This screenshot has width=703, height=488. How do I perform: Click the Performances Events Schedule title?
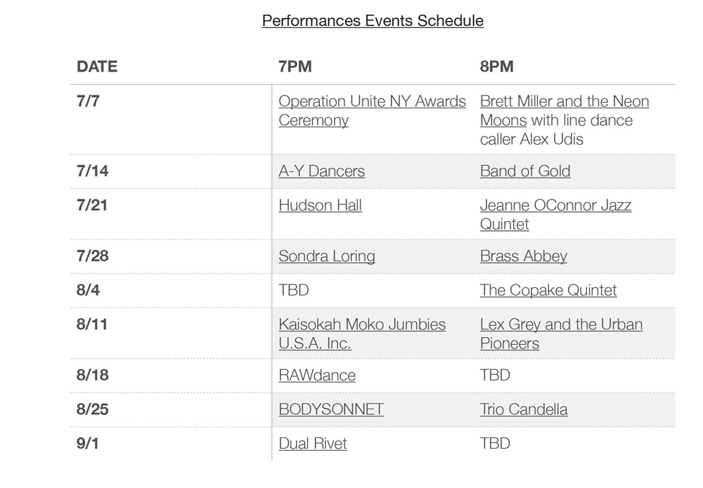click(x=373, y=21)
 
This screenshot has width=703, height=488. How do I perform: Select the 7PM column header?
click(x=295, y=66)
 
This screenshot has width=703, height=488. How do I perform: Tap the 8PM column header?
click(x=497, y=66)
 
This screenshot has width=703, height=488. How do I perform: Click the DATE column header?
click(x=97, y=66)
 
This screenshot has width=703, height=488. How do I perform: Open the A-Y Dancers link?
click(x=321, y=171)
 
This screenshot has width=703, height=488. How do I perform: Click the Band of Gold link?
click(x=525, y=171)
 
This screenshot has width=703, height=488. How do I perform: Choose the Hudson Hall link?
click(x=320, y=205)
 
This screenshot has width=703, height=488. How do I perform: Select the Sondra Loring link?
click(x=326, y=256)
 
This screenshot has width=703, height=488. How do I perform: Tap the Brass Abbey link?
click(x=523, y=256)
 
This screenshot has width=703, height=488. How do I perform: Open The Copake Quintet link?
click(x=548, y=290)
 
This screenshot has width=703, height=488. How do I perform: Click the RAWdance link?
click(x=317, y=375)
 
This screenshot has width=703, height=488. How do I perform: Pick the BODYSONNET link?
click(x=331, y=409)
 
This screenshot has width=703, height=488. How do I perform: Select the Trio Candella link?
click(x=524, y=409)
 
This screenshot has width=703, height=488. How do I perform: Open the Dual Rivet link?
click(x=313, y=443)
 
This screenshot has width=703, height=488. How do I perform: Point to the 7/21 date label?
click(x=92, y=205)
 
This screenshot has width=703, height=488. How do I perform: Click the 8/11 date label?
click(x=92, y=324)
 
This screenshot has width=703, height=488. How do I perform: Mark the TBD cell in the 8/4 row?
click(x=294, y=290)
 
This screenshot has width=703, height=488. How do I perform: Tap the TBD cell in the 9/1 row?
click(x=495, y=443)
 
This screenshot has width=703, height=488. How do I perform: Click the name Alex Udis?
click(x=551, y=139)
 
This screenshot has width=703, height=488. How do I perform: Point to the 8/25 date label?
click(x=92, y=409)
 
